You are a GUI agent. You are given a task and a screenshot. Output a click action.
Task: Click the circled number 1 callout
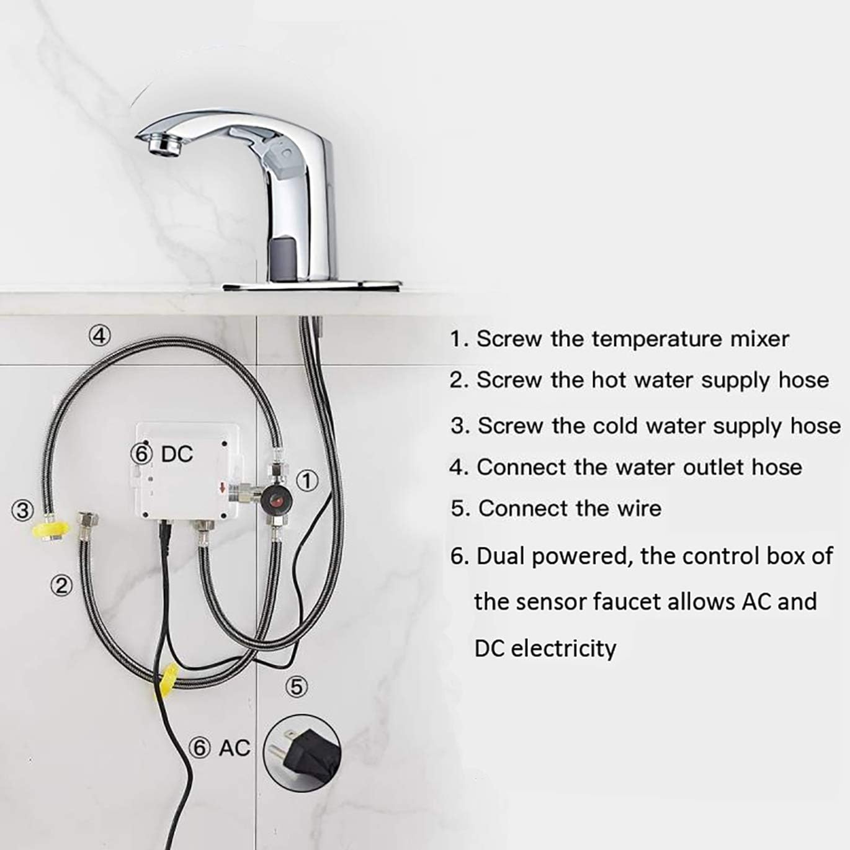point(306,480)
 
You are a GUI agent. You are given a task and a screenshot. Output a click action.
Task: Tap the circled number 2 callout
point(61,585)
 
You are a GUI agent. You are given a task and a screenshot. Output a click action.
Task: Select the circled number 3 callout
point(22,510)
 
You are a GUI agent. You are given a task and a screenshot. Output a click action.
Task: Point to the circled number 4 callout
point(99,335)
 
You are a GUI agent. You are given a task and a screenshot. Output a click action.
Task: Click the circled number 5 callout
point(297,686)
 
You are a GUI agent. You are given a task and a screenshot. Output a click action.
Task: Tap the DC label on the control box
point(177,454)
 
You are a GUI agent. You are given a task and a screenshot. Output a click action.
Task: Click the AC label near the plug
point(235,748)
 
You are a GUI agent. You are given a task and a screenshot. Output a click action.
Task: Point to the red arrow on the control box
point(222,488)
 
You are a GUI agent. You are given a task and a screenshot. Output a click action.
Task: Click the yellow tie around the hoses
point(166,679)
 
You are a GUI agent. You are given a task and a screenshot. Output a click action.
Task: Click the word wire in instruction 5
point(639,508)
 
